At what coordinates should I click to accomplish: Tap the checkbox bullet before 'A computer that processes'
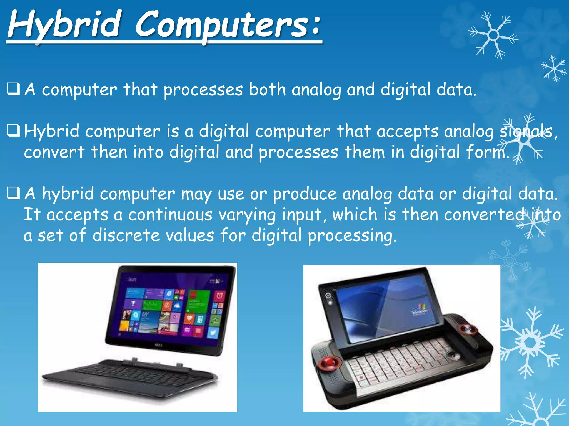click(14, 89)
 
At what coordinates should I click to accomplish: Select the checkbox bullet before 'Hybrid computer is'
click(14, 131)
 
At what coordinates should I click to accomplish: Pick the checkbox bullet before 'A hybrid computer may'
click(14, 193)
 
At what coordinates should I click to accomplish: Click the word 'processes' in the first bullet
click(203, 90)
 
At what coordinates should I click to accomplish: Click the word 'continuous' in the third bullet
click(170, 215)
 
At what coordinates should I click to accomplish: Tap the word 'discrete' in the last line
click(126, 235)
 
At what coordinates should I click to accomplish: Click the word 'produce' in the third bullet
click(304, 194)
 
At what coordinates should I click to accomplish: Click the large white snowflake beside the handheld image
click(531, 343)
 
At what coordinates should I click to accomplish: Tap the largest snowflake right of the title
click(493, 35)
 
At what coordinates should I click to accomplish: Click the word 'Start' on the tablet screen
click(132, 279)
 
